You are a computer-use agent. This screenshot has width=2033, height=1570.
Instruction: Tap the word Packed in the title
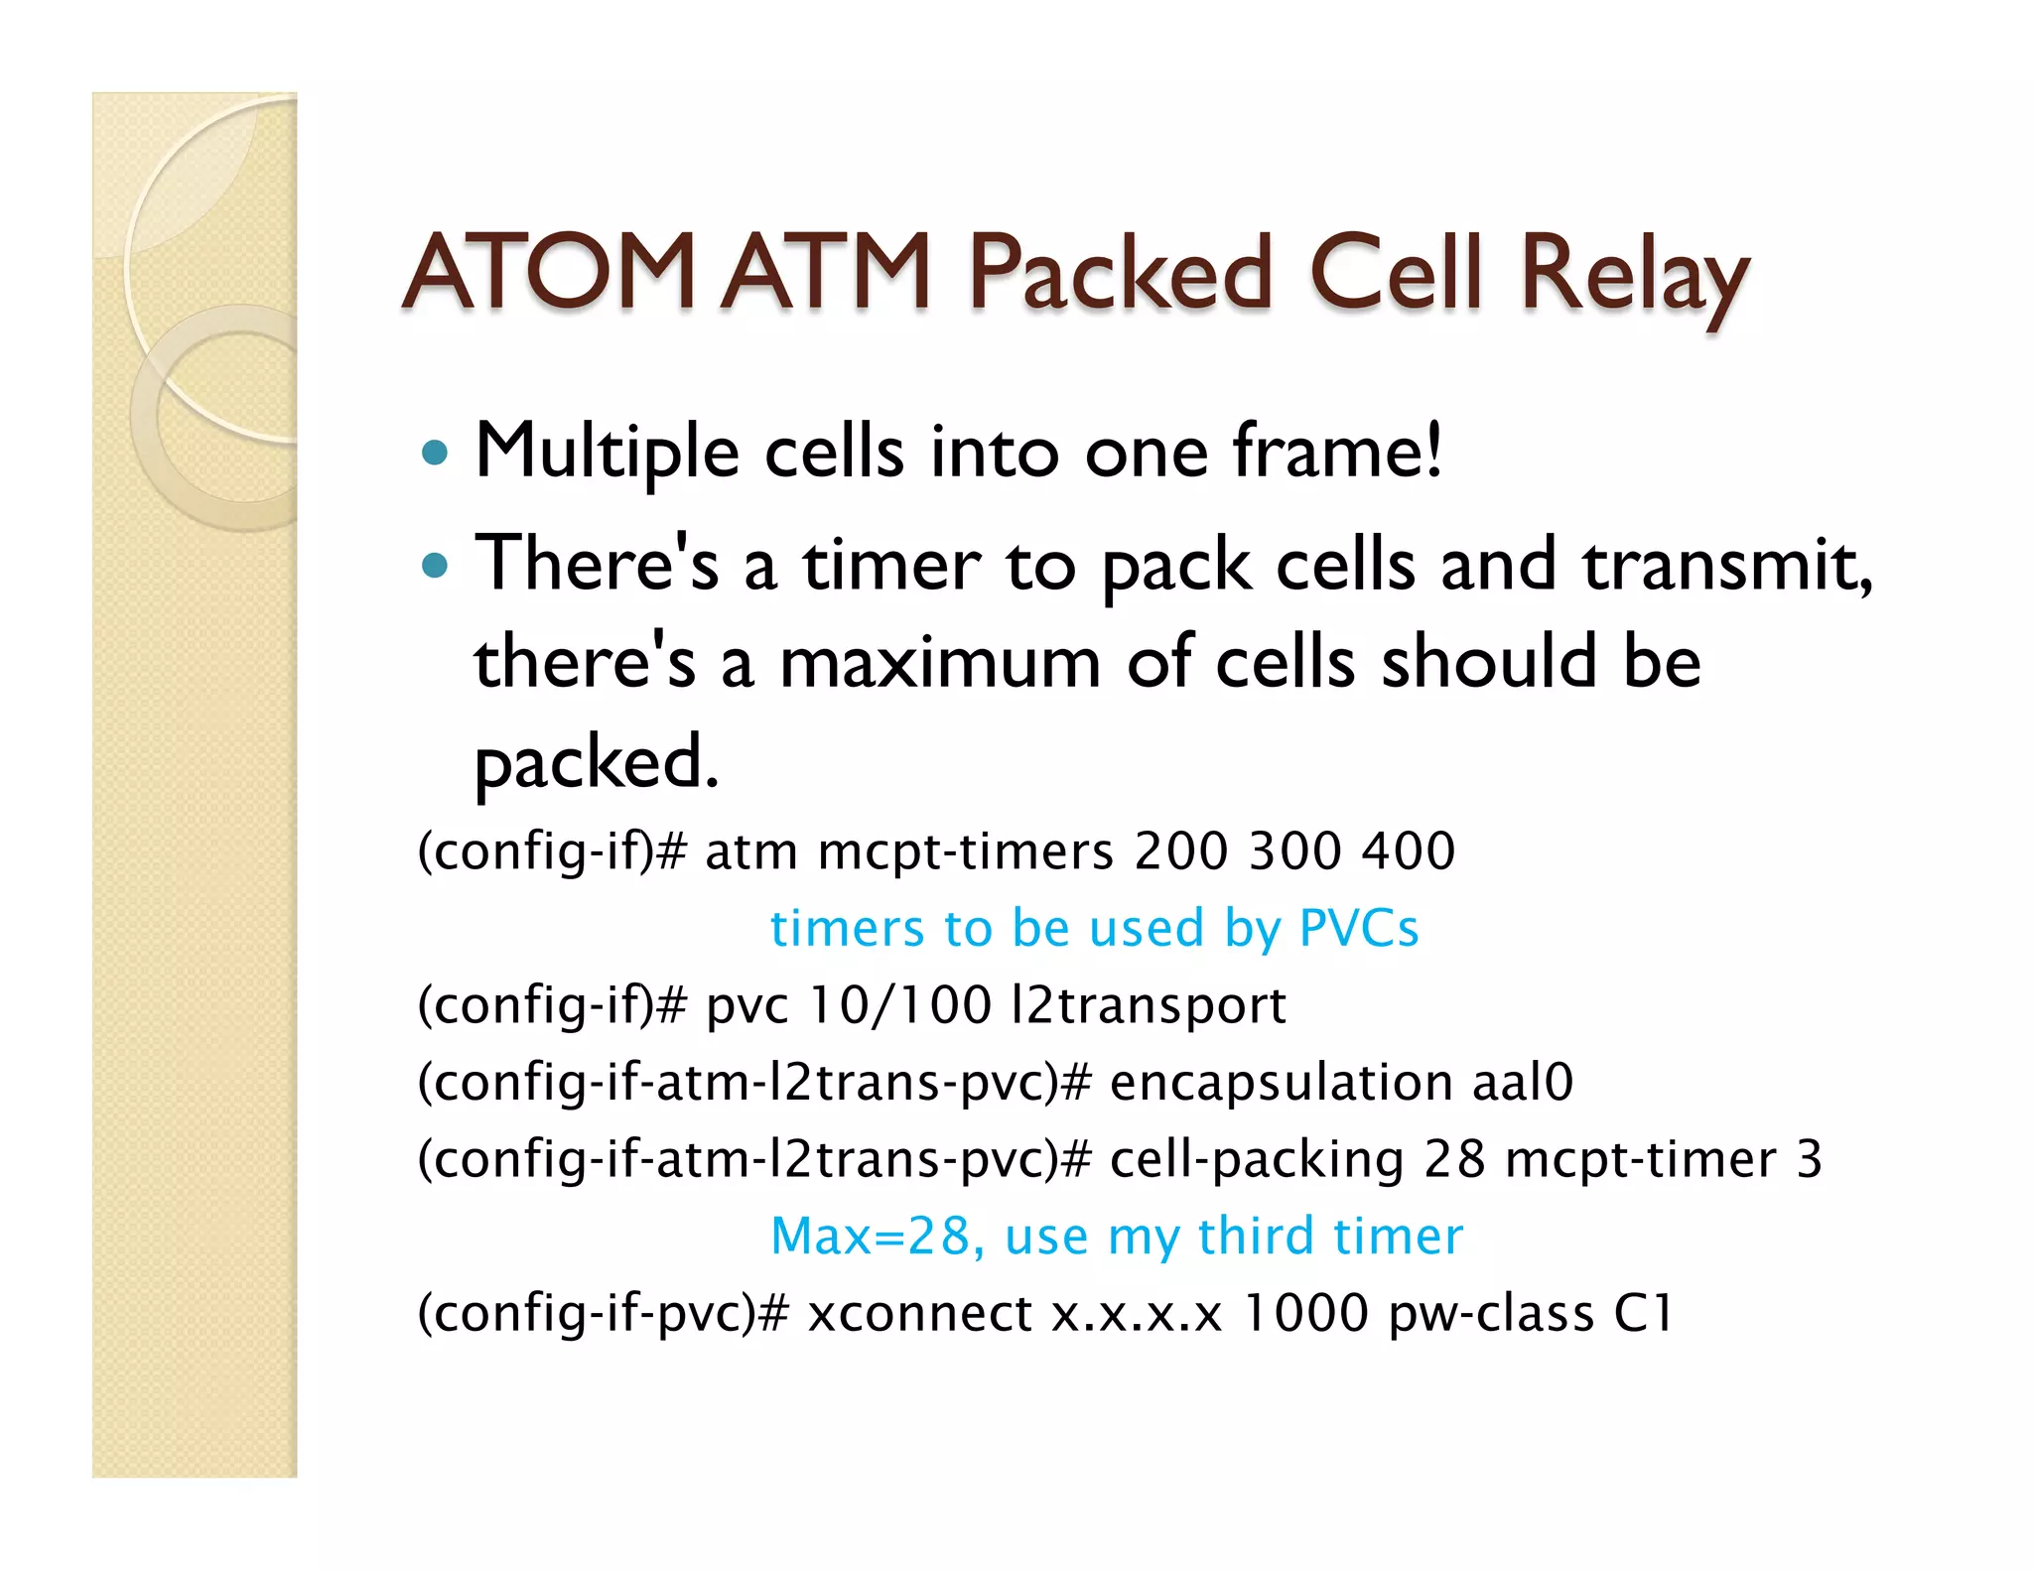click(1121, 274)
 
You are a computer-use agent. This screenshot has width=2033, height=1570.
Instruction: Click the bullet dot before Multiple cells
click(435, 454)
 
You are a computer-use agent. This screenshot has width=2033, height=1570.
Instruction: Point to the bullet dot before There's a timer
click(435, 567)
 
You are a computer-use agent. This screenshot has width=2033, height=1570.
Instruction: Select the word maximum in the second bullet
click(940, 662)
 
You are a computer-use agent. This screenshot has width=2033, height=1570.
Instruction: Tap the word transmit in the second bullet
click(1726, 565)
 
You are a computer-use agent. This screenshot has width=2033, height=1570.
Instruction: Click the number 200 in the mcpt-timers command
click(1181, 850)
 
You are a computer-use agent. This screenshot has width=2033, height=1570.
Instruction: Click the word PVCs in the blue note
click(1358, 929)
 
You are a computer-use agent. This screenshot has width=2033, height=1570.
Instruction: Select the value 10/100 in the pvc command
click(899, 1004)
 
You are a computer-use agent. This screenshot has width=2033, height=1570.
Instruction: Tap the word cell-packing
click(1256, 1159)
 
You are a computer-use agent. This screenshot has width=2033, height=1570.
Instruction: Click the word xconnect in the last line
click(919, 1313)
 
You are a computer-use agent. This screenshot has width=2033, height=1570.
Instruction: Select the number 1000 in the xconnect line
click(1304, 1313)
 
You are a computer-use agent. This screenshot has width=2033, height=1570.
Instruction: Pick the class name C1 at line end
click(1643, 1313)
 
